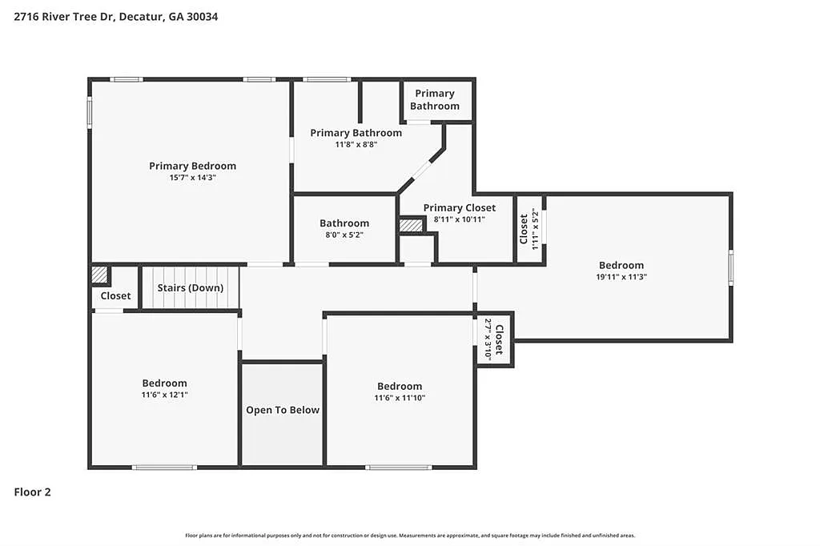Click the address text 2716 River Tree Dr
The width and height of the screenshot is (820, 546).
[x=64, y=16]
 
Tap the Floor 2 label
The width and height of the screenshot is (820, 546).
[x=32, y=492]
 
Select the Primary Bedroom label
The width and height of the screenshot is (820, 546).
[x=192, y=166]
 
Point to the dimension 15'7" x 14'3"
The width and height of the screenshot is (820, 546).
[x=192, y=178]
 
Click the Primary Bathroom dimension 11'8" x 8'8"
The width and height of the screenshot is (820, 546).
[x=356, y=145]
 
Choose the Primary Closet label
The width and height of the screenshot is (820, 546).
[x=459, y=207]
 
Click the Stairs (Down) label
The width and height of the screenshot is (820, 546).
[x=191, y=287]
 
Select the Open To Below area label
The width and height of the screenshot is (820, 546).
[x=282, y=410]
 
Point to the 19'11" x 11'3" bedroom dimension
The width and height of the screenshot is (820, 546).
[x=621, y=277]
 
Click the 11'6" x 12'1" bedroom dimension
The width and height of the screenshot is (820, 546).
[x=164, y=395]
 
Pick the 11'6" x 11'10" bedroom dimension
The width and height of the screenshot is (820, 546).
[x=399, y=398]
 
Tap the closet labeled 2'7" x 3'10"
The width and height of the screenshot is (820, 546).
[x=494, y=339]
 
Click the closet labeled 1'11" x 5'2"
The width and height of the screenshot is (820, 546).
[x=529, y=229]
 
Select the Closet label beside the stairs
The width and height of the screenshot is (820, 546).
[x=115, y=295]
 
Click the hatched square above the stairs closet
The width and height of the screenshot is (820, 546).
[x=99, y=275]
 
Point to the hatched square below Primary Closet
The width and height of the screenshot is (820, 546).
[x=410, y=226]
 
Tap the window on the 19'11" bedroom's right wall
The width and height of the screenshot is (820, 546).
[x=730, y=267]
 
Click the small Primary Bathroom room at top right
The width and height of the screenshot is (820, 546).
[x=435, y=100]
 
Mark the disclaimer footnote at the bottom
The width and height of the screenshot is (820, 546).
[x=410, y=535]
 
